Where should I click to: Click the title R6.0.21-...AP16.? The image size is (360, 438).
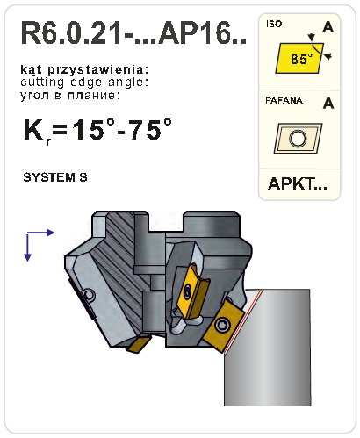pyautogui.click(x=133, y=32)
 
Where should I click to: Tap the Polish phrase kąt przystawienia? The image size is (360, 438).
pyautogui.click(x=84, y=70)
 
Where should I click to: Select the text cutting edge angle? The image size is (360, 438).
pyautogui.click(x=84, y=83)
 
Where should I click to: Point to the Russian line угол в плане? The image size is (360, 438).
pyautogui.click(x=70, y=95)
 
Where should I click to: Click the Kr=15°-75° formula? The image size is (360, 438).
pyautogui.click(x=97, y=130)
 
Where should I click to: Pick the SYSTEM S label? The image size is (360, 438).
pyautogui.click(x=55, y=177)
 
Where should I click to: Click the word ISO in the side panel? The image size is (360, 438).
pyautogui.click(x=274, y=24)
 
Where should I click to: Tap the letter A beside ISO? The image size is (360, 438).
pyautogui.click(x=328, y=27)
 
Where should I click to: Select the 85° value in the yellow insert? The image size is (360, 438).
pyautogui.click(x=302, y=60)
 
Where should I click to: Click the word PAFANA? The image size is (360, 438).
pyautogui.click(x=284, y=100)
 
